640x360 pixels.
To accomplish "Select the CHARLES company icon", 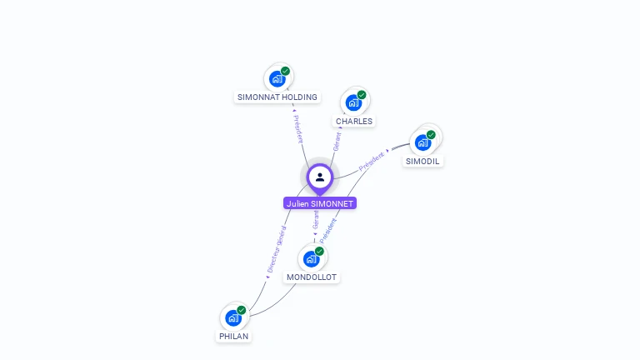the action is click(x=353, y=102).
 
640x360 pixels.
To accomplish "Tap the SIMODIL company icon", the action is click(x=422, y=142).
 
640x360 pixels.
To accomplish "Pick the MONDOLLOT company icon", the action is click(x=311, y=258).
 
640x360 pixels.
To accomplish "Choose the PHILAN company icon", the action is click(x=233, y=317).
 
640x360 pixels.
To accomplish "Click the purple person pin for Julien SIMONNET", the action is click(x=319, y=177).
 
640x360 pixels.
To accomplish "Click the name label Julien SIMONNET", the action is click(x=319, y=203).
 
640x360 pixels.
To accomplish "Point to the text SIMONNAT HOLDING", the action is click(x=277, y=97).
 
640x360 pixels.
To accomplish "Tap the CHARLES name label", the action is click(x=354, y=122).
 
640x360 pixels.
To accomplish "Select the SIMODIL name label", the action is click(x=423, y=161).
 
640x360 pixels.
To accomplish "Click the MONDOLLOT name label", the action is click(x=312, y=277).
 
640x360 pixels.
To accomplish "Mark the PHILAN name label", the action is click(x=233, y=337).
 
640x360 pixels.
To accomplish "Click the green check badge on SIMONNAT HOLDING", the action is click(x=285, y=71).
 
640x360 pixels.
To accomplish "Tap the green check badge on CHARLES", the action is click(x=362, y=94).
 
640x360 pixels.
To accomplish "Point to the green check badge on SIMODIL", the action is click(x=431, y=134).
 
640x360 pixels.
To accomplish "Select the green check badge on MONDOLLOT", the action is click(x=319, y=250).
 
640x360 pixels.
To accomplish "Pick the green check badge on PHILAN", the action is click(x=242, y=310).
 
